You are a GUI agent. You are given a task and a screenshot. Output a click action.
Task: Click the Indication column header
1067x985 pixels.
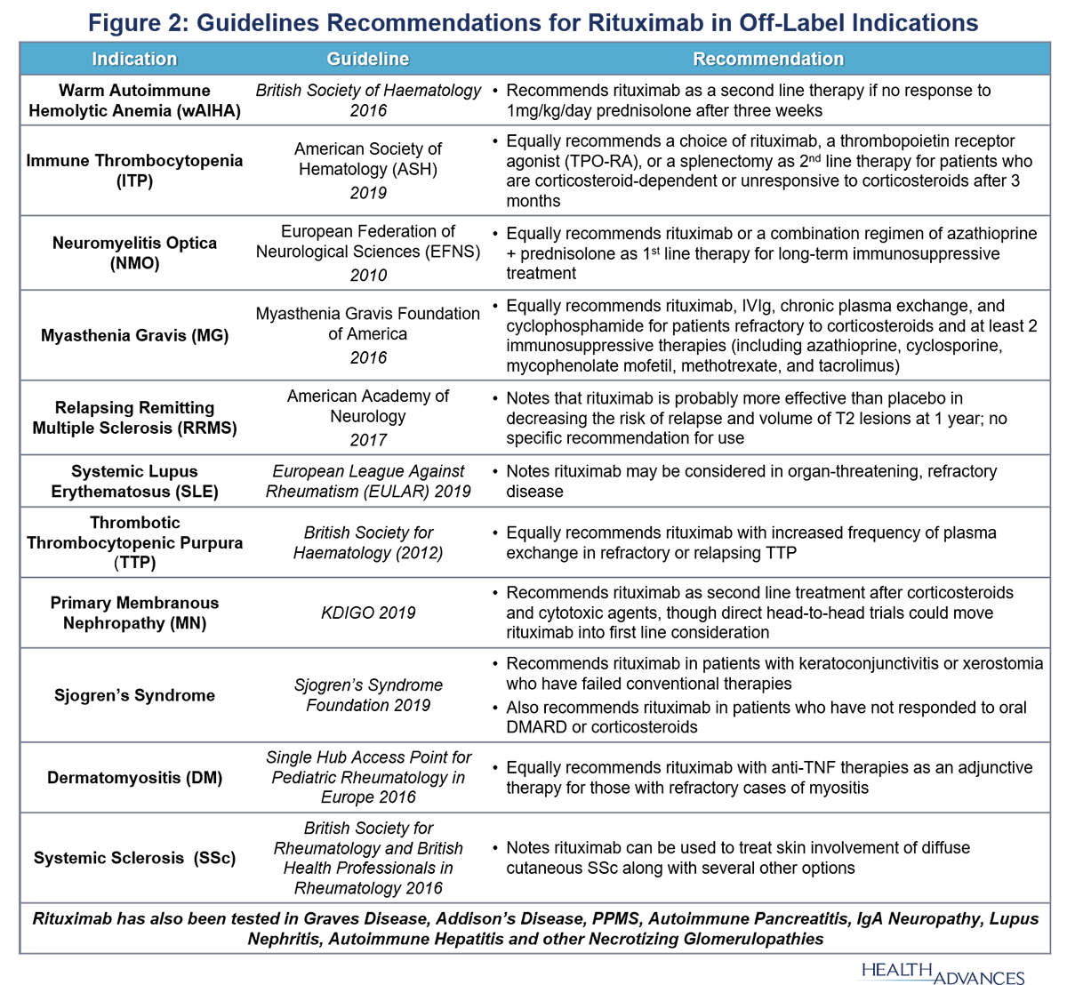134,60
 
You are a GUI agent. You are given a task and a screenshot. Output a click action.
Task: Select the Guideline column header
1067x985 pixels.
368,60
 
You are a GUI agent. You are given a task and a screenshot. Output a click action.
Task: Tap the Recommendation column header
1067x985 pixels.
768,60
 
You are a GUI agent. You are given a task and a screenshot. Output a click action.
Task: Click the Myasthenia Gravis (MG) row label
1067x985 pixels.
134,335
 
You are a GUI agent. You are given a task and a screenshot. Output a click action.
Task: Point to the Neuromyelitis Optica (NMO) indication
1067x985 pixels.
134,252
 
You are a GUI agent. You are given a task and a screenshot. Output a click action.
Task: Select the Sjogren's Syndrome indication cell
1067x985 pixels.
134,695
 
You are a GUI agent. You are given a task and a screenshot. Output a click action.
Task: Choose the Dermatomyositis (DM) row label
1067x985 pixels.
134,777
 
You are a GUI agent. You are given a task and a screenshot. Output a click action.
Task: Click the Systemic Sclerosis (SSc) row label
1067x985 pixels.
134,858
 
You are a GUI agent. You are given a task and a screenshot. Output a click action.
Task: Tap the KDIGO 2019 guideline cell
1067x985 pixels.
368,613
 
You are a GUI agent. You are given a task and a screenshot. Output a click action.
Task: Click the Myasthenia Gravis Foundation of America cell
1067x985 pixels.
368,324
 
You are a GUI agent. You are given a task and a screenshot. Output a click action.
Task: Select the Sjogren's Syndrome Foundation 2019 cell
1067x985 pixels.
368,695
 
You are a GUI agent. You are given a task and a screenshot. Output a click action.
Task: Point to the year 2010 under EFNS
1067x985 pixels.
368,275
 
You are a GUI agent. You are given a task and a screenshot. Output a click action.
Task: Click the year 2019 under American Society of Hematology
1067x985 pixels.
368,192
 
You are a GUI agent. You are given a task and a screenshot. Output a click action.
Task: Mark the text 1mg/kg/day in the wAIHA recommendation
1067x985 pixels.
550,111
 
